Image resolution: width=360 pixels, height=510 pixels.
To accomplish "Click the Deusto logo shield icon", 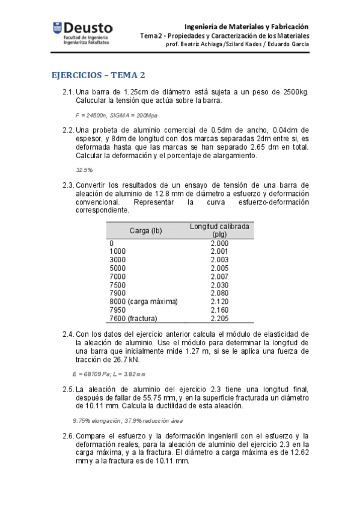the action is (x=58, y=28).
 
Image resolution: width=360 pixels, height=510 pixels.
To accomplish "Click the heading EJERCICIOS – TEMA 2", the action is (x=99, y=75).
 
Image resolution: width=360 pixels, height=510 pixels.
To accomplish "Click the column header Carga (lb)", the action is (x=145, y=230).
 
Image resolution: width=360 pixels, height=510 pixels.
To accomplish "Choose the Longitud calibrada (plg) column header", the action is (x=219, y=230).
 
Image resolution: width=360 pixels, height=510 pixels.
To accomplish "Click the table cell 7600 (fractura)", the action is (x=133, y=318).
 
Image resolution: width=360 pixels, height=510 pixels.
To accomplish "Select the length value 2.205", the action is (x=219, y=318).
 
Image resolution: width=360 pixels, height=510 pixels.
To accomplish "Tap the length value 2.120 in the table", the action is (x=219, y=301).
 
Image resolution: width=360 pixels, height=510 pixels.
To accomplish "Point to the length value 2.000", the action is (x=219, y=243).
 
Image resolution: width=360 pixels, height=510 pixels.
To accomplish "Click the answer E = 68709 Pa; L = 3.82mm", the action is (x=109, y=373).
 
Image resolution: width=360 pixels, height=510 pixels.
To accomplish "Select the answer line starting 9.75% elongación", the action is (x=127, y=420).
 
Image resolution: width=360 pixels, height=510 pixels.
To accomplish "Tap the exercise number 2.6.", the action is (x=67, y=436).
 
